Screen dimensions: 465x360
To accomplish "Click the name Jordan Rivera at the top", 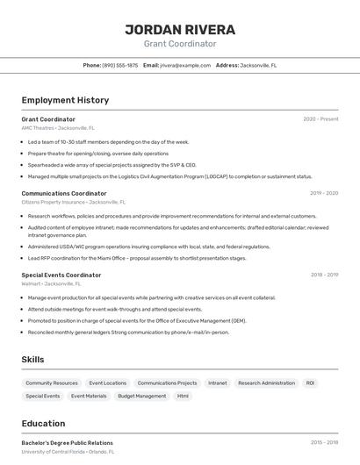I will click(x=179, y=29).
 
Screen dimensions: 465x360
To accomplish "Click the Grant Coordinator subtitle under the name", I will click(x=179, y=44).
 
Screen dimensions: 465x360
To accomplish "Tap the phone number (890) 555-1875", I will click(x=119, y=65).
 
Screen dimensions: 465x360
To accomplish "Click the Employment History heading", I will click(x=65, y=100).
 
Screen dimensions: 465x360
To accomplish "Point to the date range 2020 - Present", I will click(x=320, y=119).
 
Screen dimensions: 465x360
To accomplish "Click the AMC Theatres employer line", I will click(x=61, y=128).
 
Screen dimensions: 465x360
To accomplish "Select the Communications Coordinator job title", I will click(x=64, y=193).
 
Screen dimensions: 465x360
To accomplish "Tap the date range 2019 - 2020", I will click(x=324, y=193).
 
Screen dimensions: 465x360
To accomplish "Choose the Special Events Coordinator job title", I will click(x=61, y=275).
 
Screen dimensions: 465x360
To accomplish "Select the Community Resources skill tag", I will click(x=52, y=383).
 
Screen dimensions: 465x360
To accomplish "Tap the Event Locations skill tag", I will click(x=108, y=383).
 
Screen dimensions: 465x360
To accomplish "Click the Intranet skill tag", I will click(x=217, y=383).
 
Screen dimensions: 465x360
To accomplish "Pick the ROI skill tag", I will click(x=310, y=383).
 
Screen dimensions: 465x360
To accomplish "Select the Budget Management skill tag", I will click(x=142, y=397).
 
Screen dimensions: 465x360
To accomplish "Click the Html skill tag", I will click(x=183, y=397).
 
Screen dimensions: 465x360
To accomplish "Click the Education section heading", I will click(x=43, y=423).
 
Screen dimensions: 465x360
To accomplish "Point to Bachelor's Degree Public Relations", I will click(x=68, y=443).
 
